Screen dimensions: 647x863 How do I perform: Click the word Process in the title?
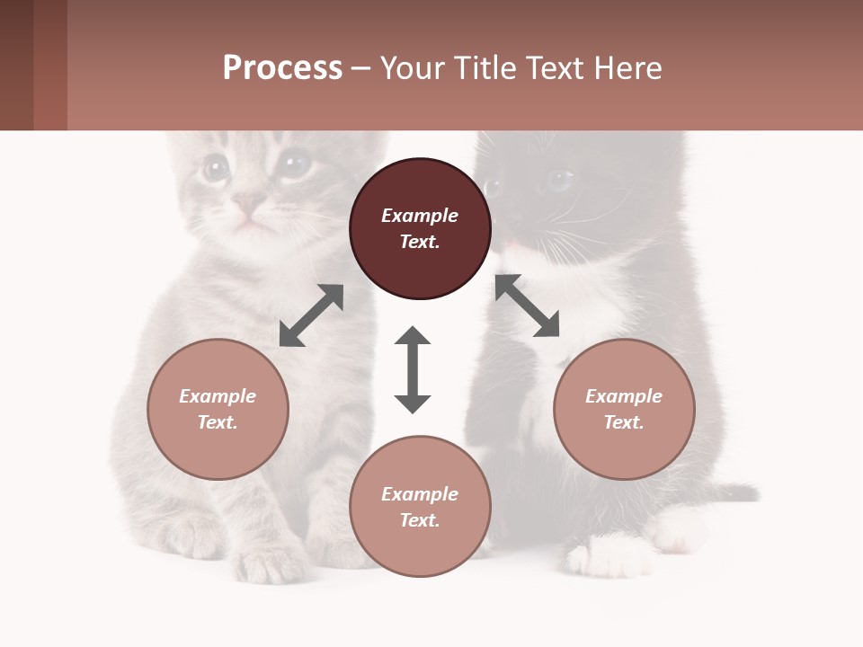[282, 68]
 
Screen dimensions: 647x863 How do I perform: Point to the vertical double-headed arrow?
[413, 369]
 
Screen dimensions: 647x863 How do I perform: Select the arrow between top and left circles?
[311, 315]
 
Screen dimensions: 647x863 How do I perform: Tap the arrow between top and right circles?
[527, 306]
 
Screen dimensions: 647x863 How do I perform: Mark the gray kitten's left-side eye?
[215, 167]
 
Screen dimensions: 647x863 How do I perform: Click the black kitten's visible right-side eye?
[559, 181]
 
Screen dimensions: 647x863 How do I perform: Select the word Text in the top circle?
[420, 242]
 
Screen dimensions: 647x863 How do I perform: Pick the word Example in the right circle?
[624, 396]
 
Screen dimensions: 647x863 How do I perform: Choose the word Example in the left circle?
[218, 396]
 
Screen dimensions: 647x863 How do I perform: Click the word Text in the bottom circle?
[420, 520]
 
